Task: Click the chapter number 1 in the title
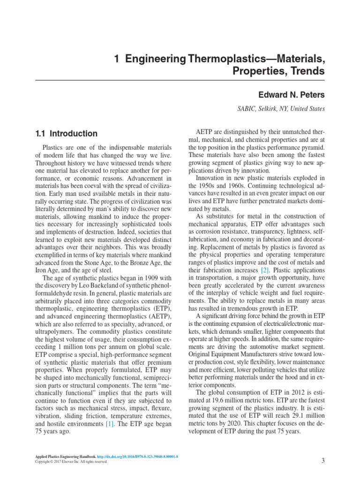[x=117, y=60]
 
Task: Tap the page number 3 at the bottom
[x=323, y=460]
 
